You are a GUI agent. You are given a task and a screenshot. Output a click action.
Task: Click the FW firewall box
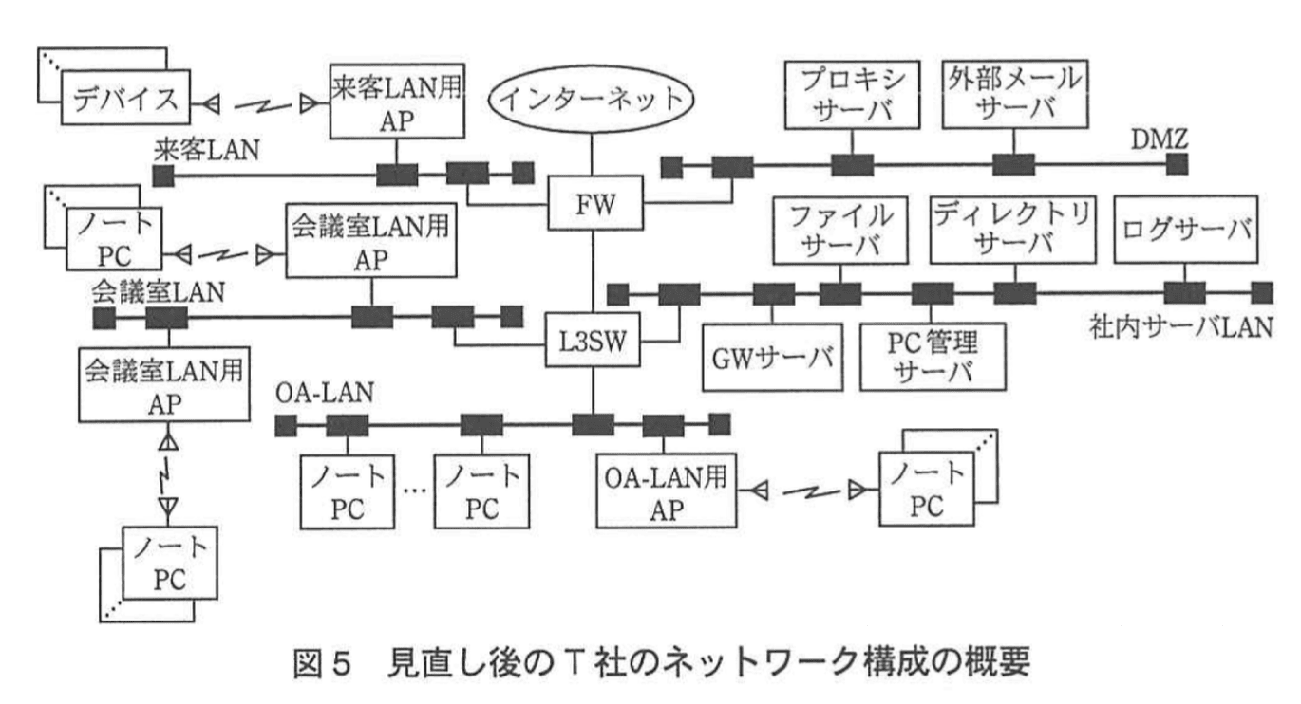[594, 204]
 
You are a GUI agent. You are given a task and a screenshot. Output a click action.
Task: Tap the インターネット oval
[593, 98]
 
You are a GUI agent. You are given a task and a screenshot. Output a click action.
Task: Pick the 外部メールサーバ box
[1012, 94]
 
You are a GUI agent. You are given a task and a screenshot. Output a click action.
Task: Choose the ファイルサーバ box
[837, 228]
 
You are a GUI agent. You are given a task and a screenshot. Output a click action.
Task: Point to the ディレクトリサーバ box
[1008, 228]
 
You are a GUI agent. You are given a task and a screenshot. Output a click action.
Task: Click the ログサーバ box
[1187, 228]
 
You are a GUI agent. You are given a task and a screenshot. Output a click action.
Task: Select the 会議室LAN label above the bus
[159, 289]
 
